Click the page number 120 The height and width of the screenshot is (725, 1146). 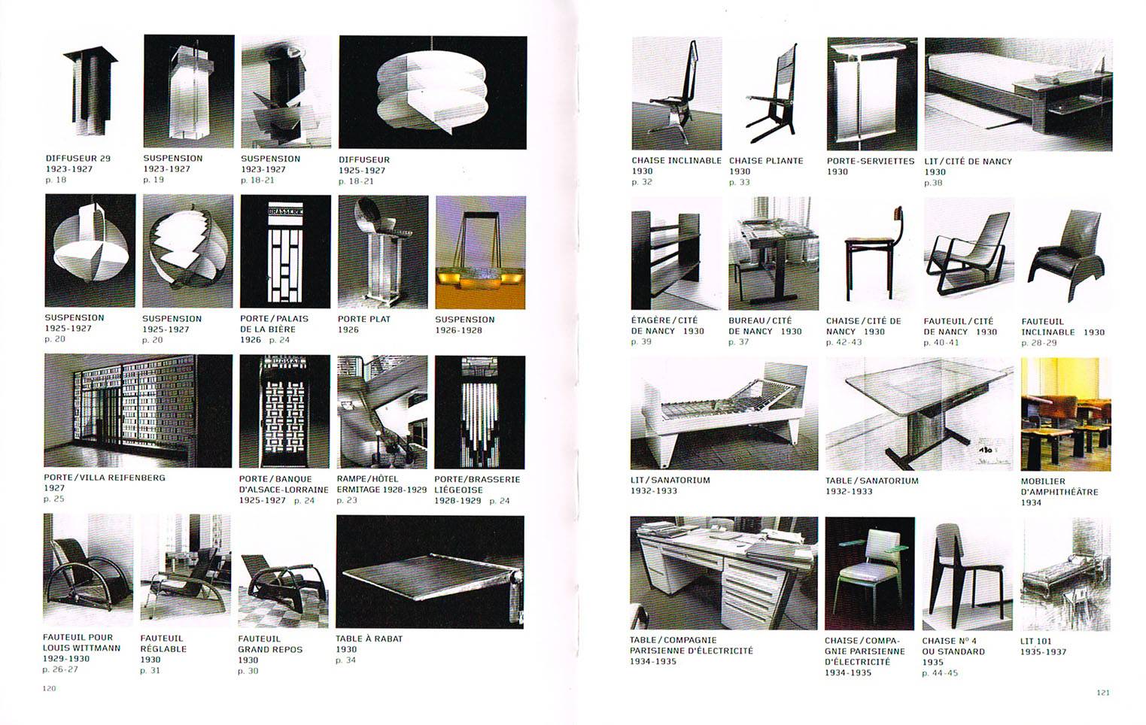click(x=49, y=688)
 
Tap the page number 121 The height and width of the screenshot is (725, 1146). click(x=1103, y=692)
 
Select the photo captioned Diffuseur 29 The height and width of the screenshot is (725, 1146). click(x=90, y=92)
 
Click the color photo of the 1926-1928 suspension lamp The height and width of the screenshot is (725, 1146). click(x=480, y=253)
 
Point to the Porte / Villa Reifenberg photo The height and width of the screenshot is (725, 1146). click(x=138, y=411)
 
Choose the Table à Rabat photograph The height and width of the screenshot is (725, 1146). click(x=430, y=572)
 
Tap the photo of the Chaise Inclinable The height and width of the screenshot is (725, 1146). click(x=677, y=93)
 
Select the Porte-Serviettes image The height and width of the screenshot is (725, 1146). click(x=872, y=93)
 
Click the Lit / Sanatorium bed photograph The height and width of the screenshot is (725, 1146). click(x=725, y=414)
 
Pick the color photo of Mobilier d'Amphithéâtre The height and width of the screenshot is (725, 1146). click(x=1065, y=414)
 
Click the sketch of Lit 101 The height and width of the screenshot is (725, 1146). click(x=1065, y=574)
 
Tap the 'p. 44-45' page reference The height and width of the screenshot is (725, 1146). click(x=940, y=673)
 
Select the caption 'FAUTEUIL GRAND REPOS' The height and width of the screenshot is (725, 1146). click(x=270, y=645)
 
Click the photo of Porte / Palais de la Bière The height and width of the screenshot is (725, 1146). click(x=285, y=251)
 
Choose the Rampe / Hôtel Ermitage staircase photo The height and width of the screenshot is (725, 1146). click(x=382, y=412)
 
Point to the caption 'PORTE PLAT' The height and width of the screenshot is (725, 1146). click(x=363, y=319)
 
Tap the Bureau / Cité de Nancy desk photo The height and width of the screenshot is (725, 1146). click(x=774, y=253)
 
